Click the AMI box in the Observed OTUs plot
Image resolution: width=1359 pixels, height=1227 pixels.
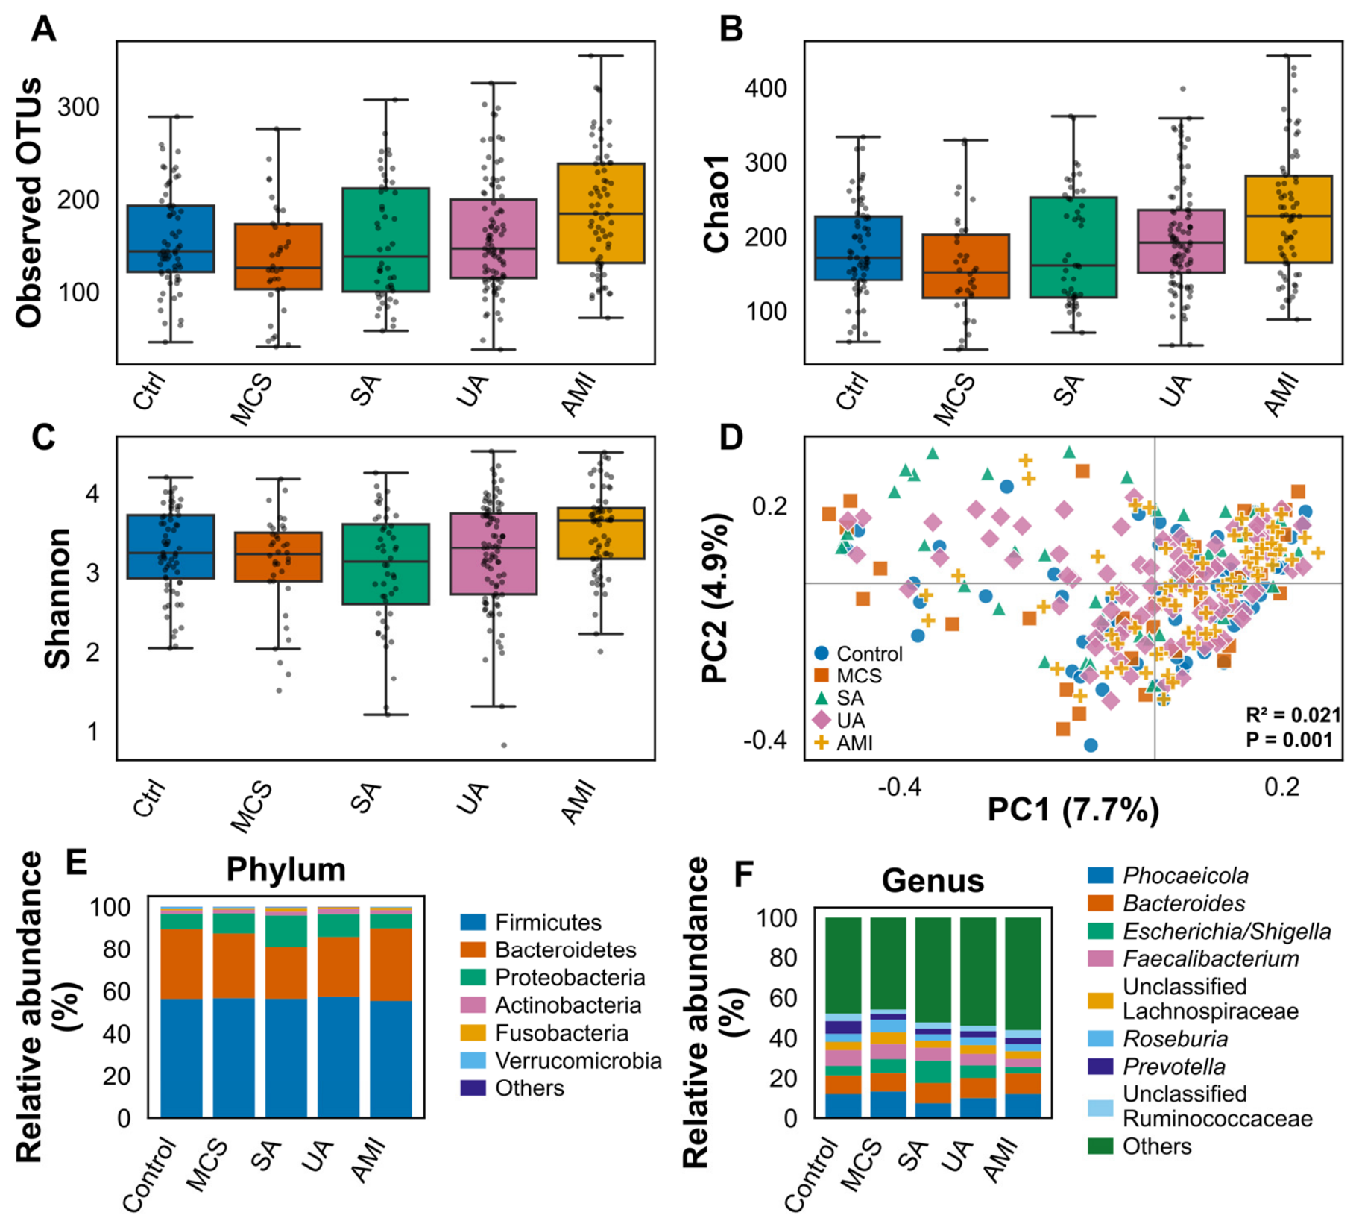click(x=601, y=213)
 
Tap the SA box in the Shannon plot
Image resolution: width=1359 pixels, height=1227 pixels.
click(x=385, y=564)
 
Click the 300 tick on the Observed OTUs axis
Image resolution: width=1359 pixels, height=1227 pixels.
click(x=78, y=107)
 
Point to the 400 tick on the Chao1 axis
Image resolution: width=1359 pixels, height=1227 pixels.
click(x=766, y=89)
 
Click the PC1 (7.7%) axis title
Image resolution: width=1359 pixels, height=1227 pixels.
click(x=1073, y=809)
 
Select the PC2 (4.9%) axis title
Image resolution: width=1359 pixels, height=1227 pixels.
click(x=715, y=597)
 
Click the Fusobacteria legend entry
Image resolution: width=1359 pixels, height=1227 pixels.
click(x=545, y=1033)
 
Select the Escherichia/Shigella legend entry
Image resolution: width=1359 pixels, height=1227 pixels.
click(x=1209, y=931)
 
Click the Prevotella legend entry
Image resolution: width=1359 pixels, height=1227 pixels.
click(x=1157, y=1067)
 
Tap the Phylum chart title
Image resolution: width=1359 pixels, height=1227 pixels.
click(x=286, y=870)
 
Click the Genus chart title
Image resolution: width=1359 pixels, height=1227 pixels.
click(x=933, y=881)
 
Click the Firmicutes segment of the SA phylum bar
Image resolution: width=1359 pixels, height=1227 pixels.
click(x=286, y=1058)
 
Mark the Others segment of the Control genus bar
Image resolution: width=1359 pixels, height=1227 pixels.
click(x=843, y=965)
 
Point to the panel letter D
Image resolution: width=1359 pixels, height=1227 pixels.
click(x=731, y=438)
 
